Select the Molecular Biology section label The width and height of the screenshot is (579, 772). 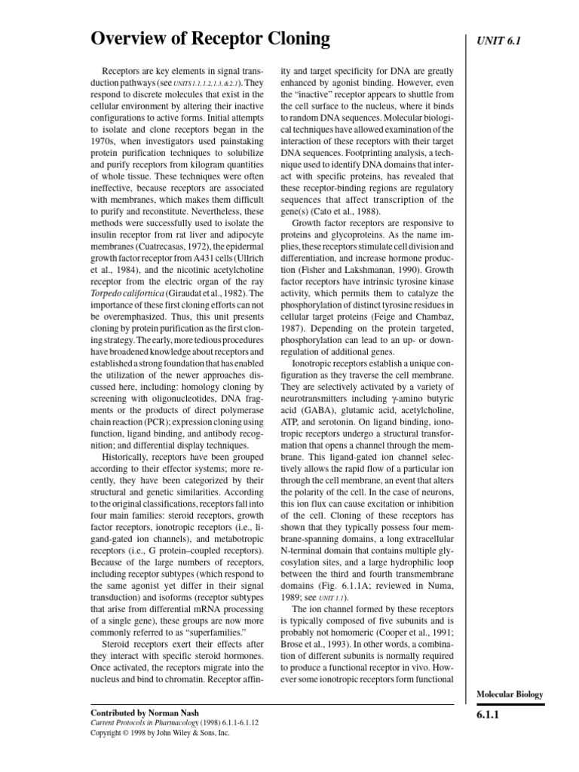510,694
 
